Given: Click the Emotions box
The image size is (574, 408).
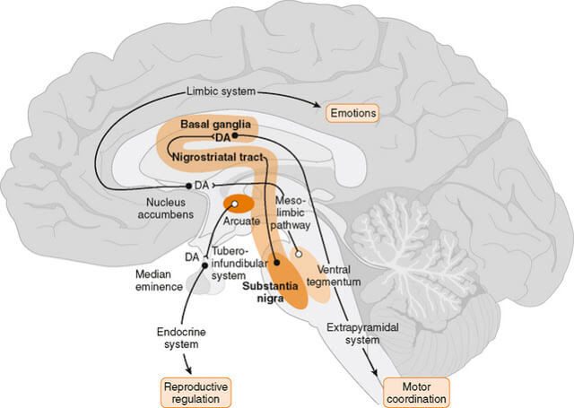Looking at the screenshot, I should tap(352, 113).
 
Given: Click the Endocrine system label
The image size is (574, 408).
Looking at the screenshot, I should tap(172, 338).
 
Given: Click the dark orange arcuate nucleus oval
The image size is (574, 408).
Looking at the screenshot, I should tap(238, 203).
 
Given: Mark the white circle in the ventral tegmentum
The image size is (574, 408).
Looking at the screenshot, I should tap(299, 254).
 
